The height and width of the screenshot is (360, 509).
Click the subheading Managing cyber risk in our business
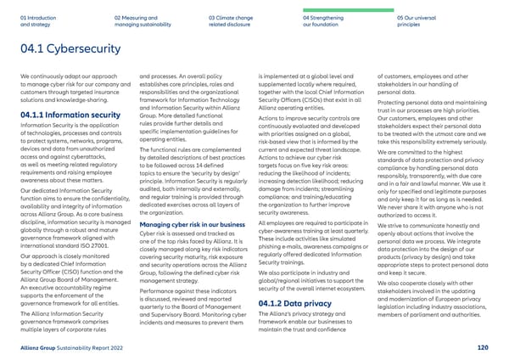click(x=175, y=199)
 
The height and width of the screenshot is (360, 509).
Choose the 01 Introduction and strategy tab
click(x=38, y=18)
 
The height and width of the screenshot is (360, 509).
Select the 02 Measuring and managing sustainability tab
click(x=136, y=18)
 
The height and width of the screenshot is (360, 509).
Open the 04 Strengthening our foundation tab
click(x=324, y=18)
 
